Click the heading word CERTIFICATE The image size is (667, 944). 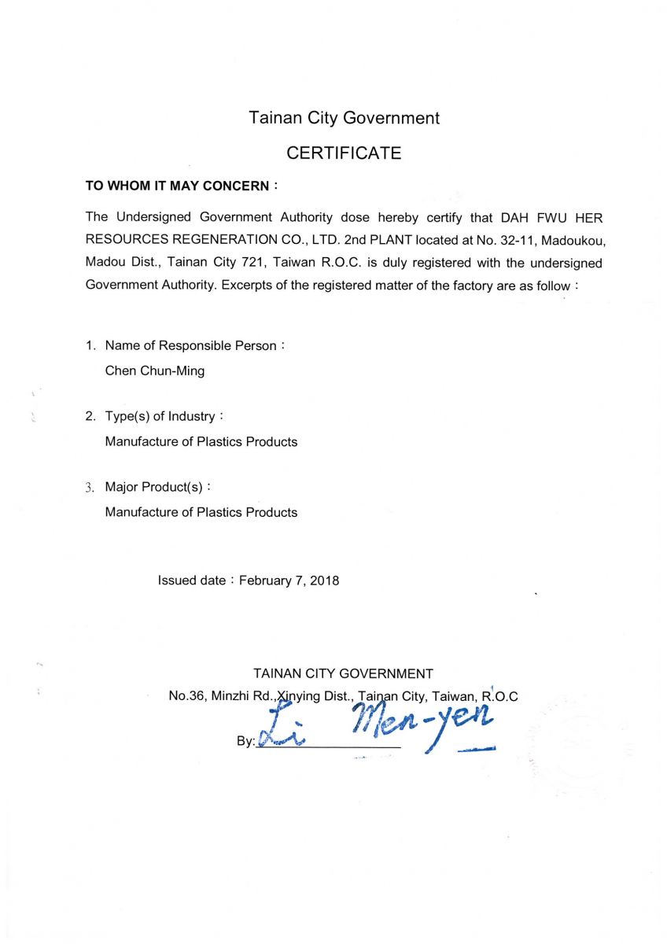click(x=344, y=153)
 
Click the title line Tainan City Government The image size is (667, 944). click(x=344, y=118)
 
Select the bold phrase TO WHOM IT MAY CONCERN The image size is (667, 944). click(x=177, y=186)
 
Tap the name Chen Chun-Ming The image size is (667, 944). click(x=154, y=371)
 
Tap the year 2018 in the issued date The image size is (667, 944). click(x=325, y=581)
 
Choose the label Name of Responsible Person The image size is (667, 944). click(x=190, y=345)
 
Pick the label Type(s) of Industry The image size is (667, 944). click(x=160, y=416)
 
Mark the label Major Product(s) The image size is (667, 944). click(x=154, y=487)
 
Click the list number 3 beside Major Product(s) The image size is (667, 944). click(x=89, y=487)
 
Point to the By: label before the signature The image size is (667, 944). click(x=245, y=741)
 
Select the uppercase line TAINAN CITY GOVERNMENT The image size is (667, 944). click(x=343, y=673)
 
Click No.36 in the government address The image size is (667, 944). click(x=186, y=696)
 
